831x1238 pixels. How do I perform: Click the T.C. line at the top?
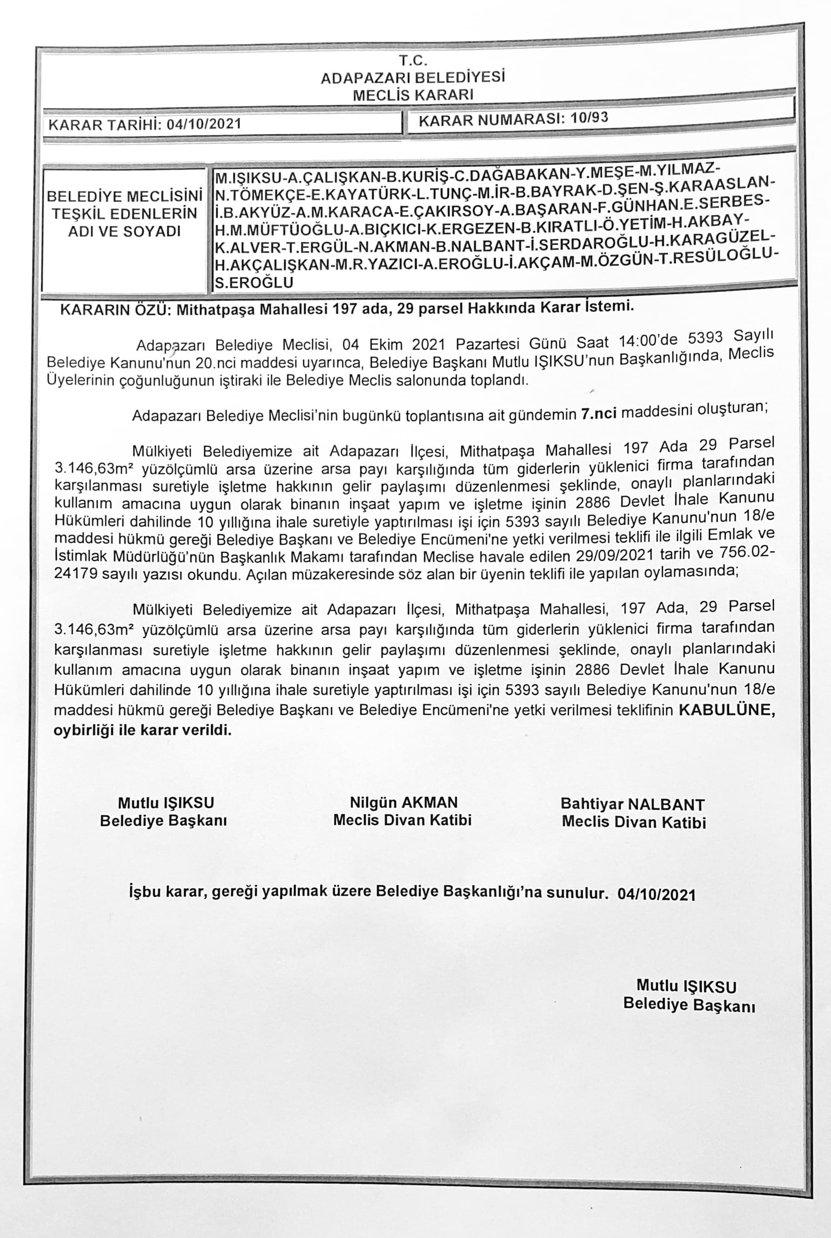[413, 60]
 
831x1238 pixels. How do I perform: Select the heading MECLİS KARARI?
[413, 95]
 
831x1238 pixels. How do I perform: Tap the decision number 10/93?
[589, 118]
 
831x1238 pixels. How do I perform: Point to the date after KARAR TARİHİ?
[204, 125]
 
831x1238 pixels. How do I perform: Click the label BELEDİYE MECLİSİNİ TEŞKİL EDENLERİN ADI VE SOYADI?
[125, 213]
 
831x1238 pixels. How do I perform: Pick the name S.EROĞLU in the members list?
[254, 282]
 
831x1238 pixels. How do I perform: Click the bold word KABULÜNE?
[726, 710]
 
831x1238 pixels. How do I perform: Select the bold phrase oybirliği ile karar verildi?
[143, 730]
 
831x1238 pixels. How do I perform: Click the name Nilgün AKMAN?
[403, 802]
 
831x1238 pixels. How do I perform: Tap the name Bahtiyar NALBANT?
[633, 804]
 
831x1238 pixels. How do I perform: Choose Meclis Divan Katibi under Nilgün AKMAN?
[402, 820]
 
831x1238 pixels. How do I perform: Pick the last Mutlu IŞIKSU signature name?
[686, 986]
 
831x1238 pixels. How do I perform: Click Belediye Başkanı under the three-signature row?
[163, 821]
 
